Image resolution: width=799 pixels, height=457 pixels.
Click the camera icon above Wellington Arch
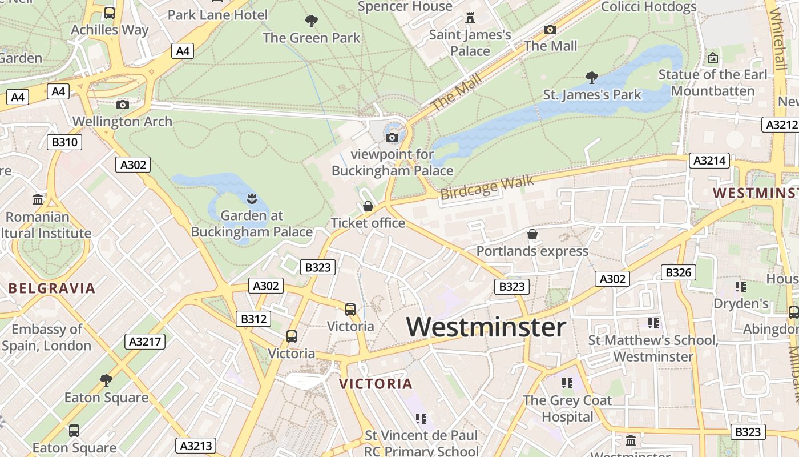123,105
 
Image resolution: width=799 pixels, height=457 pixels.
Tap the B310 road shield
64,142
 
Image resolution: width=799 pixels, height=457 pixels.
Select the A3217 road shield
145,342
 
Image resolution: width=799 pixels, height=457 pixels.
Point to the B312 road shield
253,319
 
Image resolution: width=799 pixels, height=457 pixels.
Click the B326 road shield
679,272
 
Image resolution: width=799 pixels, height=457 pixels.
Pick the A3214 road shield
710,161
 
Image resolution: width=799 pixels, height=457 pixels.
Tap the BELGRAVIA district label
52,288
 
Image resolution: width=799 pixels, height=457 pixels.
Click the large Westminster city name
486,327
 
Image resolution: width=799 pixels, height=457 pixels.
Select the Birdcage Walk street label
487,187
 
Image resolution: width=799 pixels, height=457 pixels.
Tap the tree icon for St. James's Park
592,77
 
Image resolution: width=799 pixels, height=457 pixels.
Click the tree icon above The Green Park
312,21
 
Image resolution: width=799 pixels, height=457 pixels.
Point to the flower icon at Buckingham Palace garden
251,199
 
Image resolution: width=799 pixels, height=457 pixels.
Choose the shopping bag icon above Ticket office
368,206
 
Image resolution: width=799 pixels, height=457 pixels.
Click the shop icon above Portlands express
532,234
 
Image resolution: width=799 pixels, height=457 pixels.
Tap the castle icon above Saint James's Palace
470,18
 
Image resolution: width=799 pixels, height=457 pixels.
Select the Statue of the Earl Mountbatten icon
712,58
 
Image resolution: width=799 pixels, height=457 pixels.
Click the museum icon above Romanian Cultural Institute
38,200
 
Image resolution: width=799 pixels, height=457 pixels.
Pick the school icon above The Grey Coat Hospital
567,383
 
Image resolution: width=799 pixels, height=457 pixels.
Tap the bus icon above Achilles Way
110,13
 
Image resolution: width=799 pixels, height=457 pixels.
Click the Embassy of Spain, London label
47,337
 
